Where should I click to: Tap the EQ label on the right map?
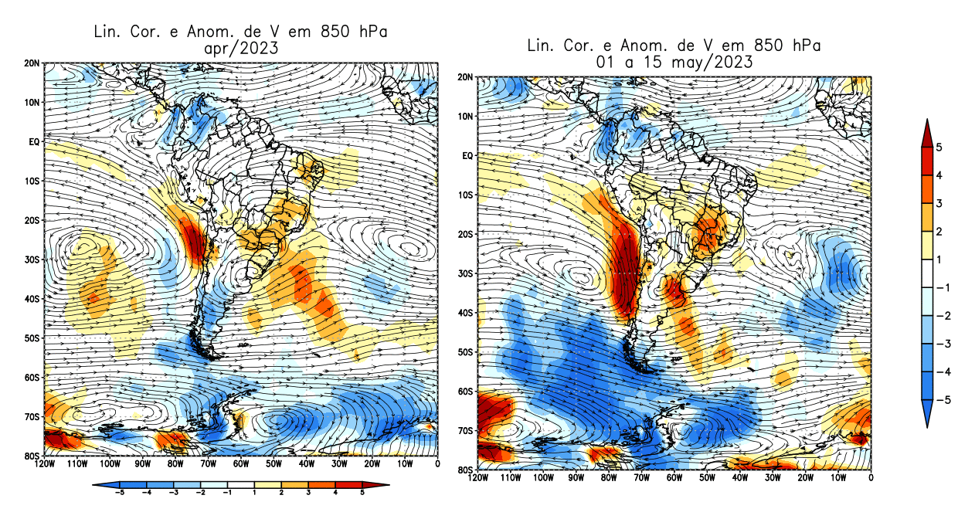click(x=467, y=156)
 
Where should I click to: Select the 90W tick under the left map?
click(x=142, y=464)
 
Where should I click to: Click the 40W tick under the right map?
click(x=740, y=478)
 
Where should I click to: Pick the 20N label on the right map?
click(x=466, y=77)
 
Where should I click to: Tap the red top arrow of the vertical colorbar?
click(x=927, y=130)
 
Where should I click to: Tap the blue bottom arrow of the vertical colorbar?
click(x=927, y=417)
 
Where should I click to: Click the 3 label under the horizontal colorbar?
click(x=307, y=492)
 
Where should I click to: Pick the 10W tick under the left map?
click(x=405, y=464)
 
